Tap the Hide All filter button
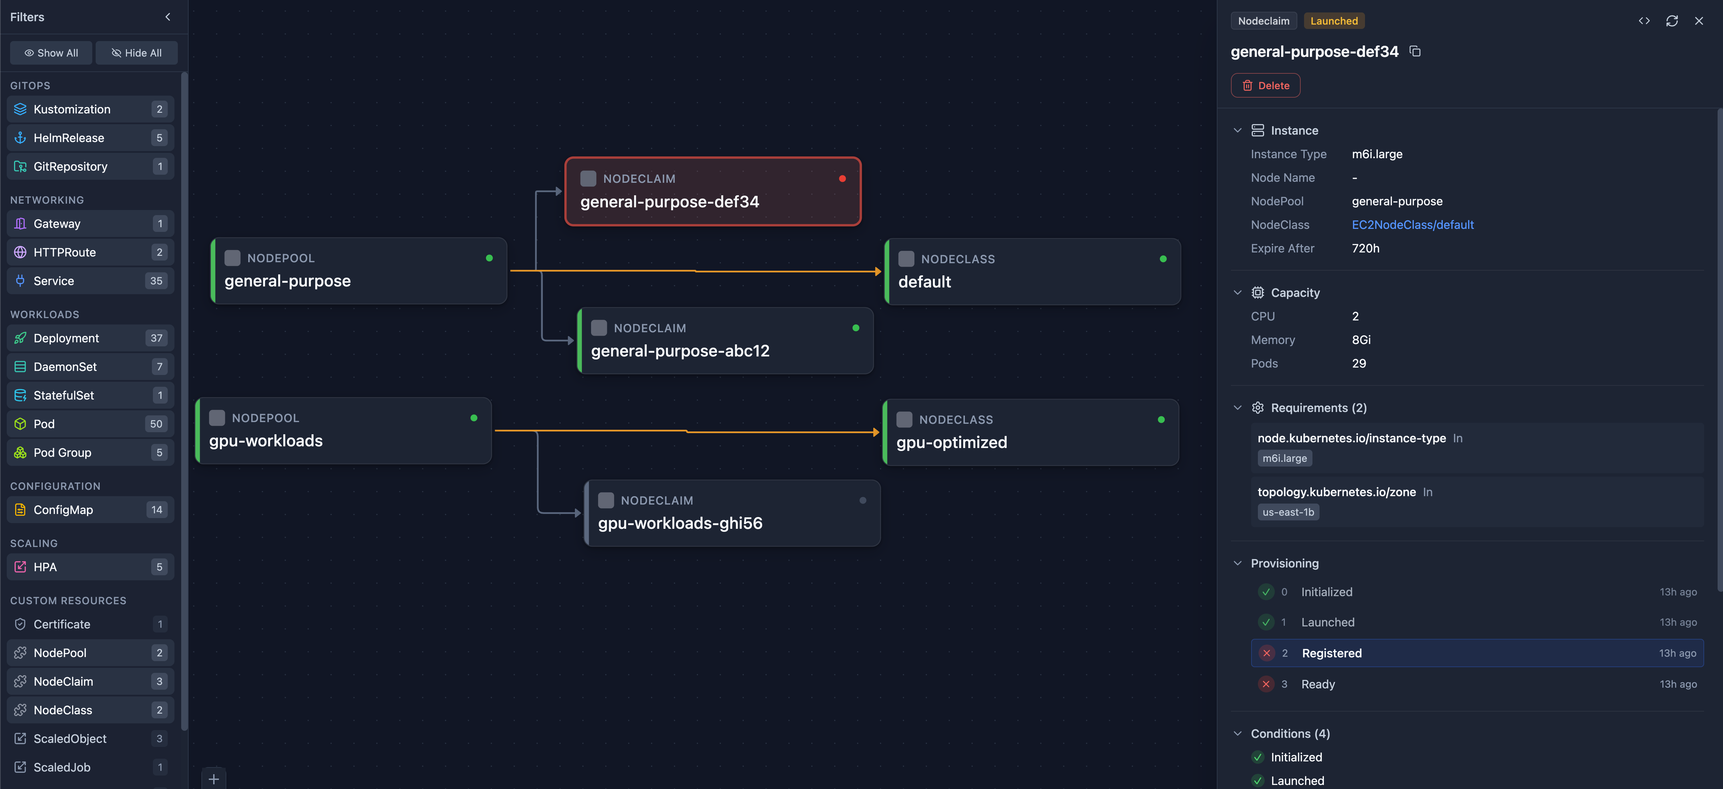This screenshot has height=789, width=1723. pyautogui.click(x=136, y=53)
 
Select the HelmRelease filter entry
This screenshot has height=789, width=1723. pyautogui.click(x=90, y=138)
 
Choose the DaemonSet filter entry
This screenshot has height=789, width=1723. pyautogui.click(x=90, y=367)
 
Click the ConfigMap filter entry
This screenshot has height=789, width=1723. pyautogui.click(x=90, y=510)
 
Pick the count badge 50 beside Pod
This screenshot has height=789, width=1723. pyautogui.click(x=156, y=424)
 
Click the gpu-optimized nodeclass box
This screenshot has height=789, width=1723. pyautogui.click(x=1031, y=432)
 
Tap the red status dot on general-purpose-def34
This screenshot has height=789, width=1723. pyautogui.click(x=842, y=178)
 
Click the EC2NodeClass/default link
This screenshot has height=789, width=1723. pyautogui.click(x=1412, y=225)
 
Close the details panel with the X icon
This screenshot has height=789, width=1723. pyautogui.click(x=1699, y=21)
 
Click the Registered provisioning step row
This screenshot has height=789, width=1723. pyautogui.click(x=1477, y=653)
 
